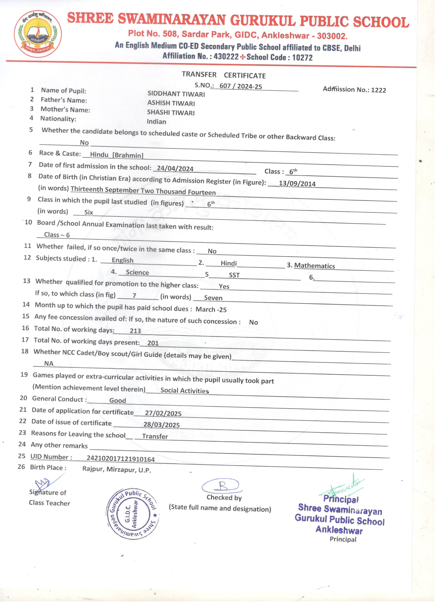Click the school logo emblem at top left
[x=38, y=34]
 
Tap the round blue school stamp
[x=133, y=514]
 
